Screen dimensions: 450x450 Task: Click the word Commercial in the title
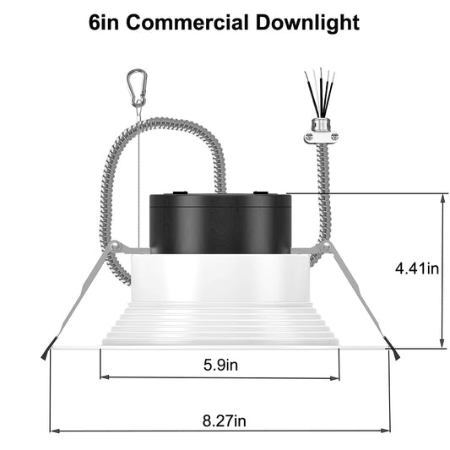coord(190,22)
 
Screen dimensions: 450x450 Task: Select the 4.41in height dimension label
coord(418,269)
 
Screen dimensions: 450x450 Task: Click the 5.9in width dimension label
coord(220,366)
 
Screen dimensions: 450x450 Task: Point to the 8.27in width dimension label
coord(221,419)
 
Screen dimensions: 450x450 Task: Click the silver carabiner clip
coord(136,86)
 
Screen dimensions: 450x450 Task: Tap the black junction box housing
coord(220,223)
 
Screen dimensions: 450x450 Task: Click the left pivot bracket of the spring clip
coord(117,247)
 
